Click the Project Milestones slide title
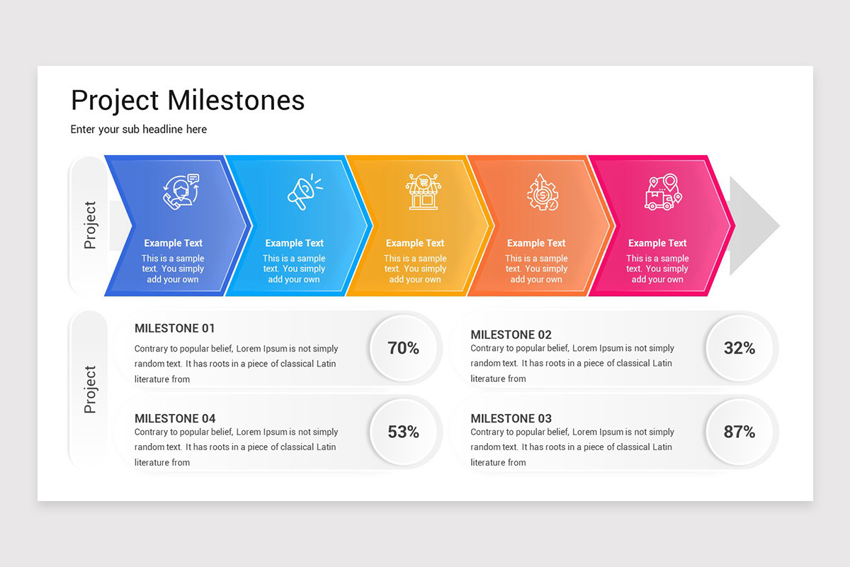pos(188,101)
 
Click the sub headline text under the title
pos(139,129)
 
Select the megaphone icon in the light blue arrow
pos(303,193)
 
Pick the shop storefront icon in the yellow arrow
pos(422,192)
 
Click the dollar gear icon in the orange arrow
pos(542,192)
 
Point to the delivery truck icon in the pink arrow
pos(662,192)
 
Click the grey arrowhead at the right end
pos(753,226)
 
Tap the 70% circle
pos(403,348)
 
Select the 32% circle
pos(739,348)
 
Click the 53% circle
pos(403,432)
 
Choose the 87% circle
pos(739,432)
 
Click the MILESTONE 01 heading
pos(175,328)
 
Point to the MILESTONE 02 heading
pos(511,335)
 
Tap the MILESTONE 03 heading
pos(511,418)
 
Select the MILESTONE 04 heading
pos(175,418)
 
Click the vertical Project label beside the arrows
pos(90,225)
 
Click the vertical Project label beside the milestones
pos(90,390)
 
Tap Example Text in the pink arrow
pos(657,243)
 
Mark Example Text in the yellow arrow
pos(415,243)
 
